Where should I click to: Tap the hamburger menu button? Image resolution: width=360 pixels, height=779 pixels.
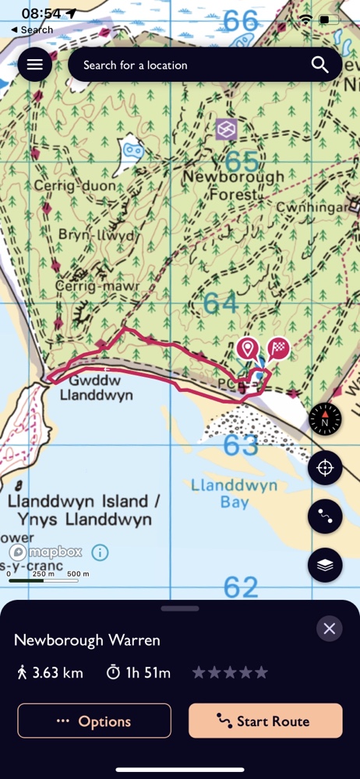pos(35,65)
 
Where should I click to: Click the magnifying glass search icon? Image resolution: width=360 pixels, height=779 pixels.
pos(320,65)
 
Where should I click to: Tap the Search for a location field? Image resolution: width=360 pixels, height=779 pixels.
pos(187,65)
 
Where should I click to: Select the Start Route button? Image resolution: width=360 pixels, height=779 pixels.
pos(265,721)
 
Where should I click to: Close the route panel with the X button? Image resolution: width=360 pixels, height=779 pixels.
pos(329,629)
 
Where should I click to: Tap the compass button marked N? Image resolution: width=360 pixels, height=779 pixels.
pos(325,420)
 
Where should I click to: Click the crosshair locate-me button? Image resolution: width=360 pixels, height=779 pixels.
pos(325,468)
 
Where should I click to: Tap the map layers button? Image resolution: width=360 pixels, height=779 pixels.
pos(325,566)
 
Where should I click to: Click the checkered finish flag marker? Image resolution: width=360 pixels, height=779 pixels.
pos(278,348)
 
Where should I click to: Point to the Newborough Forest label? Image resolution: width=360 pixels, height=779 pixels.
pos(233,185)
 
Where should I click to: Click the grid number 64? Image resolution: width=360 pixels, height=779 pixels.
pos(221,303)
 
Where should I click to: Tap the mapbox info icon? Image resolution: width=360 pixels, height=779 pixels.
pos(100,552)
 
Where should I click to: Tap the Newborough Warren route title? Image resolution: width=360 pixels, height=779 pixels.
pos(87,640)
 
